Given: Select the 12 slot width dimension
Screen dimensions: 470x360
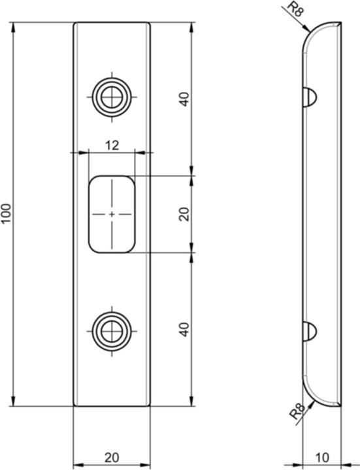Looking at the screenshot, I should point(111,145).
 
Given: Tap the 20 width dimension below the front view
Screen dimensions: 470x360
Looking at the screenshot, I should point(111,456).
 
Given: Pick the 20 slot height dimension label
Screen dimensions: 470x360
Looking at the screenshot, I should point(184,214).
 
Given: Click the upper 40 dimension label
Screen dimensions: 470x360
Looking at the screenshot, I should point(184,99).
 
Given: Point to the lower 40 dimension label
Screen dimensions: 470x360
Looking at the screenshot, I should point(184,329).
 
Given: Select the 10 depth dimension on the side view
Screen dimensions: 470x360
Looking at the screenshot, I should point(322,456).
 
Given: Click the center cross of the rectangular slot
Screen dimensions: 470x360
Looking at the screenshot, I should point(112,214).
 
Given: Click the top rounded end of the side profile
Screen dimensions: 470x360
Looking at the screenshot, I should point(320,29).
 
